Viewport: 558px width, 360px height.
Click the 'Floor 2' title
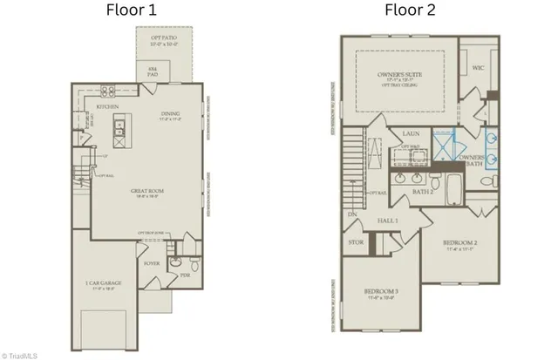point(412,11)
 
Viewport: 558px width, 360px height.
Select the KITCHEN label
point(107,107)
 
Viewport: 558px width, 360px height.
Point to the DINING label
point(171,113)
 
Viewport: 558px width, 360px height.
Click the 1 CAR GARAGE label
point(102,283)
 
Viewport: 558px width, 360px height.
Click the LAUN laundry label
point(412,134)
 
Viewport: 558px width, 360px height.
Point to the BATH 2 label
point(423,190)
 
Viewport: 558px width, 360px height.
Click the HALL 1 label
point(387,221)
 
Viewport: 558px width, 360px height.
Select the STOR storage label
point(355,242)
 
